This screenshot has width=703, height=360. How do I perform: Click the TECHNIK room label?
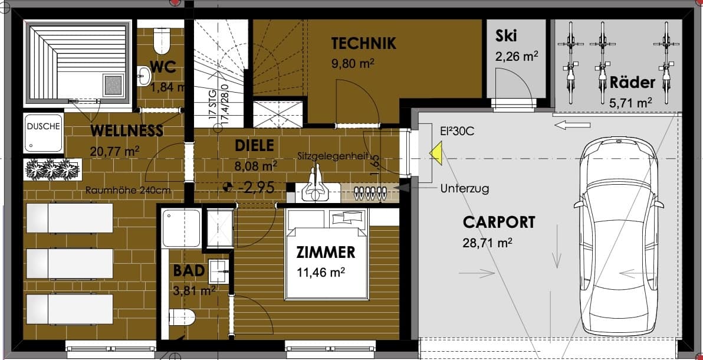click(x=364, y=44)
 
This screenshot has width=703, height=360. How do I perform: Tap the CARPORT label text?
click(x=499, y=222)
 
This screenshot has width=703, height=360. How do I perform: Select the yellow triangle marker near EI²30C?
click(x=436, y=153)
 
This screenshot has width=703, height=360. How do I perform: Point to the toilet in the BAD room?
click(x=182, y=318)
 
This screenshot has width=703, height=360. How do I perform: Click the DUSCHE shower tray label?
click(x=43, y=126)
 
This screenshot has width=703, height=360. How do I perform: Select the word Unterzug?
click(x=465, y=188)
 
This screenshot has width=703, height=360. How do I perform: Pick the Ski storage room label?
click(x=506, y=36)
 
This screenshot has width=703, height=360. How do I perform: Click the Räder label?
click(x=633, y=83)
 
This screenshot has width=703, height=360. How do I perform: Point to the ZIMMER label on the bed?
click(x=326, y=253)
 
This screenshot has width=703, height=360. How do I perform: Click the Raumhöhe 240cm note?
click(x=128, y=190)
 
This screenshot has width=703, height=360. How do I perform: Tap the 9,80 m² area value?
click(x=353, y=63)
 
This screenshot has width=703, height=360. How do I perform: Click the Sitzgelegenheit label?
click(x=333, y=156)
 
